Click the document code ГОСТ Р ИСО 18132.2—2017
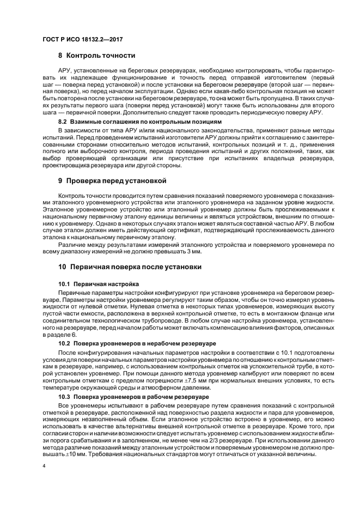(x=76, y=38)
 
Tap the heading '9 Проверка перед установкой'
(x=112, y=180)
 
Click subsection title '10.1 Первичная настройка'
(x=99, y=284)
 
